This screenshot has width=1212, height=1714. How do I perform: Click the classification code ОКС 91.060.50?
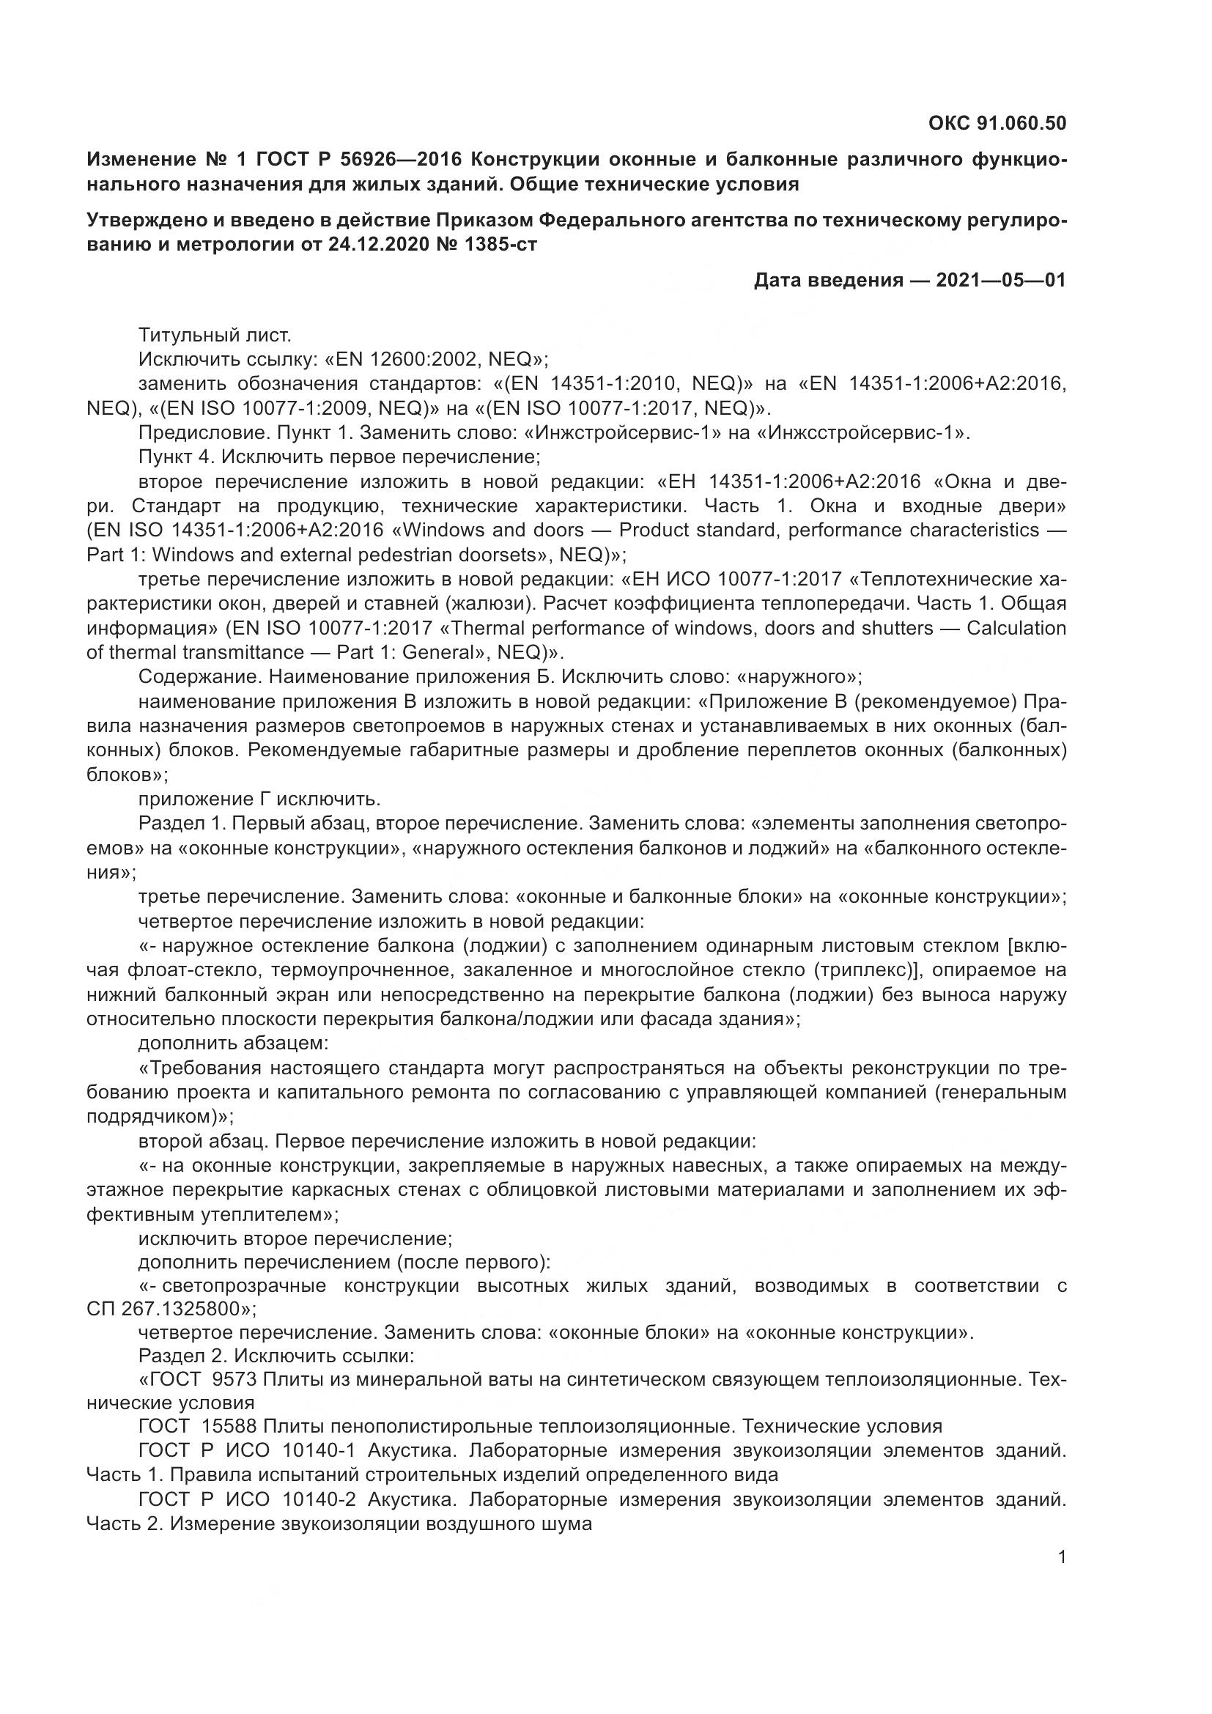click(997, 123)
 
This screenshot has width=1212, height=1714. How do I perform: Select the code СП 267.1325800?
click(168, 1309)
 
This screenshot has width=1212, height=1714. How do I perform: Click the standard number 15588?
click(229, 1427)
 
